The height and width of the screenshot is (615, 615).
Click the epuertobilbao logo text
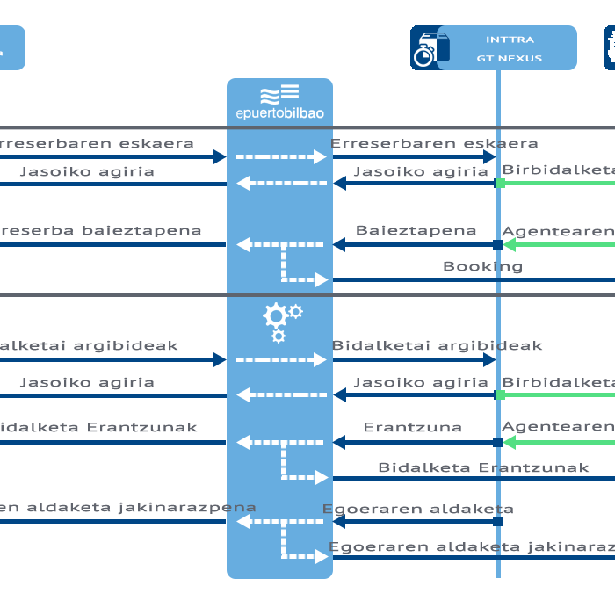pos(279,113)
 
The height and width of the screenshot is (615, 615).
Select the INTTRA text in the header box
pos(510,40)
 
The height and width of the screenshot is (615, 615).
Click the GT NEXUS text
pos(510,59)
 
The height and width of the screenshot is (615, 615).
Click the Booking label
pos(482,266)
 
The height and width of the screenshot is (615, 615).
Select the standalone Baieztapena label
pos(416,230)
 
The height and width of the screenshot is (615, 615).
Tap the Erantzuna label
pos(412,428)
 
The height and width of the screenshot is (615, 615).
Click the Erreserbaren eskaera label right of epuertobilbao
pos(434,143)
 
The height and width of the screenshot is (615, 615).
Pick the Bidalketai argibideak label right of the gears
pos(437,346)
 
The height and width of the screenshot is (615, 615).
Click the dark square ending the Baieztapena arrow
pos(498,245)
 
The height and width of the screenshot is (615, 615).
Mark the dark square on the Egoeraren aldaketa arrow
pos(498,522)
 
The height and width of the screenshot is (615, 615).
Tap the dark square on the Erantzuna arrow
pos(498,443)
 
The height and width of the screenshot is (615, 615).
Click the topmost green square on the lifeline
pos(500,184)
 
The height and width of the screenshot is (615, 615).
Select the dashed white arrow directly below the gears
pos(281,360)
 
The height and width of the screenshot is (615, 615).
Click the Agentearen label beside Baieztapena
pos(557,231)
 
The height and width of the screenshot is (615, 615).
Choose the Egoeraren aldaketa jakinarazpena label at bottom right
pos(472,547)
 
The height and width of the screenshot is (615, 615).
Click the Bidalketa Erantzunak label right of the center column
pos(483,467)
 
